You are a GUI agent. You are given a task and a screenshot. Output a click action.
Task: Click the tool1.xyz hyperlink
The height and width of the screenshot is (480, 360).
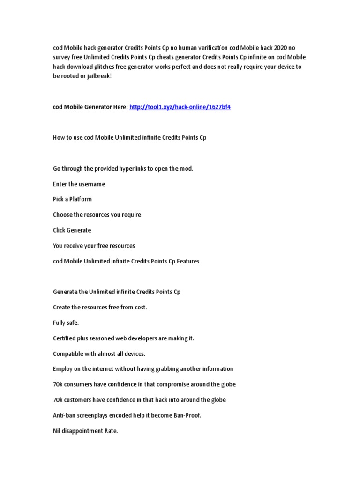point(180,107)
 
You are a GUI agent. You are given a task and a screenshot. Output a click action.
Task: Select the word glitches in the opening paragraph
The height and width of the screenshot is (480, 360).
point(106,67)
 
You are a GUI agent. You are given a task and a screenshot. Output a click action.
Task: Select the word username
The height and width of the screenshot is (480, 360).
point(92,184)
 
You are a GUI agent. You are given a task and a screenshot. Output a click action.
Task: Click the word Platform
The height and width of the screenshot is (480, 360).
point(81,199)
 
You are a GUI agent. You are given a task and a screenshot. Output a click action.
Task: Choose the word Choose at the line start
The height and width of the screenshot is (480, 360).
point(62,215)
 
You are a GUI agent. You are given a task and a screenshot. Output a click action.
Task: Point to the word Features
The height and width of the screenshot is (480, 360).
point(188,261)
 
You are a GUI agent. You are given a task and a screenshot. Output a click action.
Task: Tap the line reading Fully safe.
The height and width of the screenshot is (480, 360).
point(66,322)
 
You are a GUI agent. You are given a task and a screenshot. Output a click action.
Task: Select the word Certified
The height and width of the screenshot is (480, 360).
point(66,338)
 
